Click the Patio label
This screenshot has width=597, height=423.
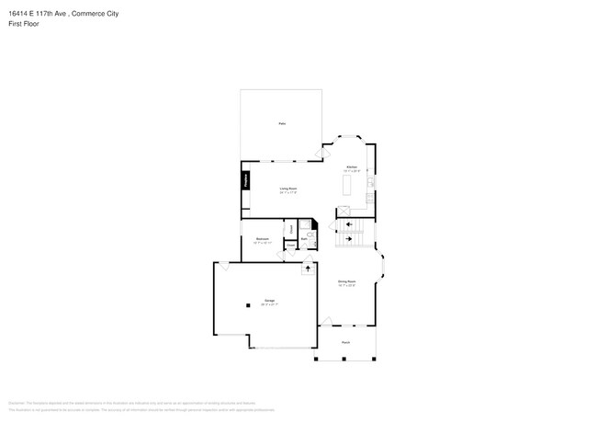tap(281, 122)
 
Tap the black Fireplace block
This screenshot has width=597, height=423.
tap(246, 180)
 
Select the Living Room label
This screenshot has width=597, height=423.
tap(288, 189)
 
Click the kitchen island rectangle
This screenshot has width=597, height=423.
tap(348, 184)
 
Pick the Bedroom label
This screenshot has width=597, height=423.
tap(262, 240)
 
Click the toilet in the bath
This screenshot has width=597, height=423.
tap(310, 236)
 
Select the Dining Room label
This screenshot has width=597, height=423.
tap(346, 283)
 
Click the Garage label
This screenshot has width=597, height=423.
tap(270, 302)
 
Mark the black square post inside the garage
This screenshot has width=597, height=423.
tap(246, 305)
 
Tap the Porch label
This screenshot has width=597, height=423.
tap(345, 342)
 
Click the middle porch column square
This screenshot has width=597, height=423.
tap(346, 358)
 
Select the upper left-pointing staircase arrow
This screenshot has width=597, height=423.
tap(347, 224)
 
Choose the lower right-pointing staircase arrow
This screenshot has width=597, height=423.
tap(347, 238)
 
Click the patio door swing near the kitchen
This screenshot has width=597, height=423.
tap(321, 151)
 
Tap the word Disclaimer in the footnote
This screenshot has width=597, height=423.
tap(16, 402)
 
